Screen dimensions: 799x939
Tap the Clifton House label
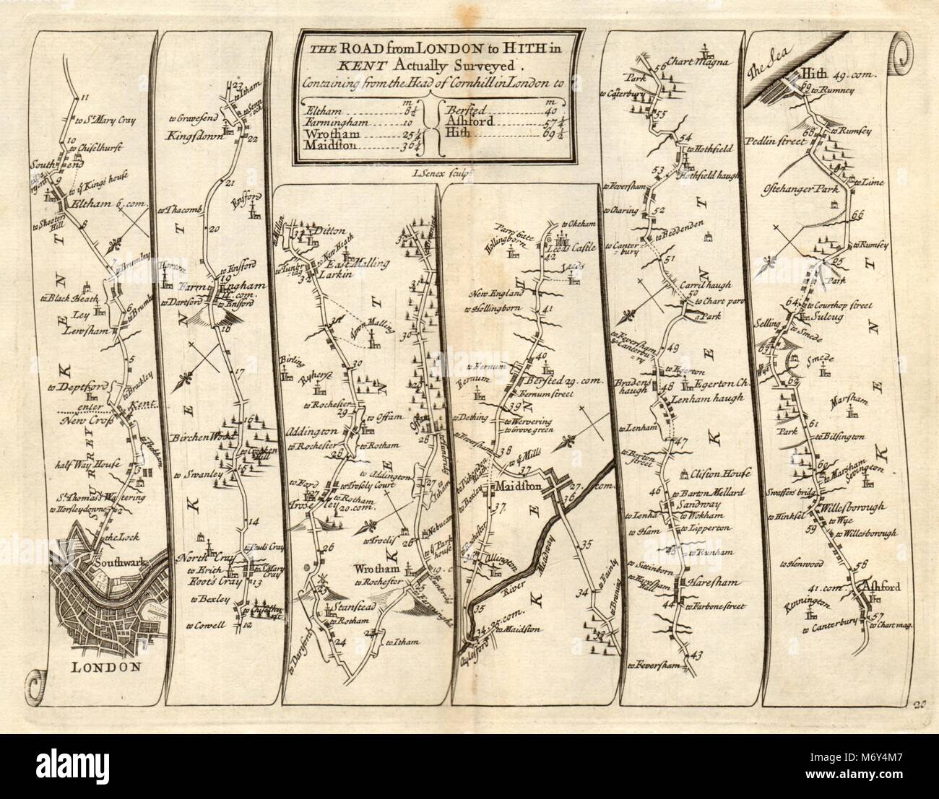coord(723,473)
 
